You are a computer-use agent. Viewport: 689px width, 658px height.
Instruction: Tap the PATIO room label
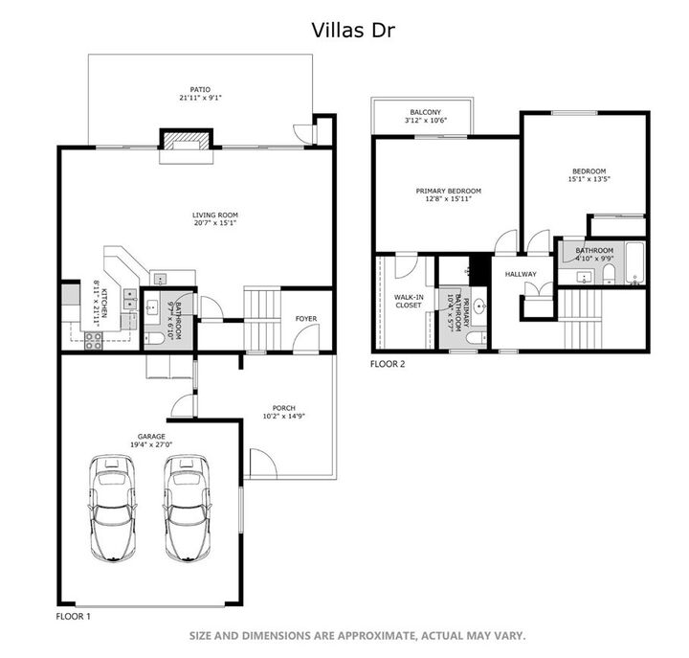(x=198, y=88)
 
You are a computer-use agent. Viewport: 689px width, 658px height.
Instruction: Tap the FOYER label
(x=305, y=319)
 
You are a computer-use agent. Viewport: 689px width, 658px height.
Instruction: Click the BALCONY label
(x=424, y=111)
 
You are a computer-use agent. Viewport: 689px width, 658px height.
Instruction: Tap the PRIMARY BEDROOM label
(x=448, y=191)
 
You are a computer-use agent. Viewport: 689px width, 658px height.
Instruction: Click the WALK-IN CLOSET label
(x=409, y=301)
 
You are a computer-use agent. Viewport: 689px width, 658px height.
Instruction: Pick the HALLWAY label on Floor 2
(x=521, y=275)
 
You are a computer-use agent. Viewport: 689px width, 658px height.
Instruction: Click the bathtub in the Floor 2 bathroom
(x=633, y=268)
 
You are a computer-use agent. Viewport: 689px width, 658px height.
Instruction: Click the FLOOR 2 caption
(x=389, y=364)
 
